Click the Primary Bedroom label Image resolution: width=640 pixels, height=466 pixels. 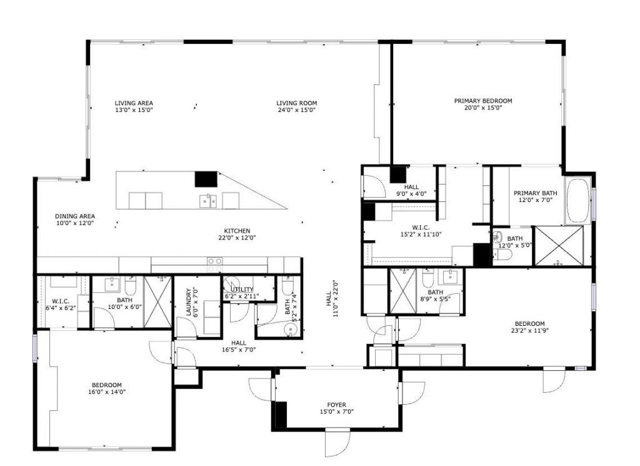482,101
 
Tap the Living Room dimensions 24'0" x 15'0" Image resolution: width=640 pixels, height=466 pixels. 297,110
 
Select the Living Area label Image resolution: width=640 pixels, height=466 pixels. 134,103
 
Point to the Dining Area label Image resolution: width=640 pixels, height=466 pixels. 74,216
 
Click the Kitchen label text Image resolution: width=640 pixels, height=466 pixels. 237,230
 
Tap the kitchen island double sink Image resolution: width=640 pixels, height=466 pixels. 208,200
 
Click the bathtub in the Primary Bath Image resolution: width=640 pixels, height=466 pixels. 577,201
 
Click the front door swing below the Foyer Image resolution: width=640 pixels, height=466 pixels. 337,443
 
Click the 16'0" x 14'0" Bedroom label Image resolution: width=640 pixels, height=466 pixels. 107,385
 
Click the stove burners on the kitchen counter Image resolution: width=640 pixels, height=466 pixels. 214,264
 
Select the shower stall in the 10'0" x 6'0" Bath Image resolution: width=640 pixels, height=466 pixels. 157,301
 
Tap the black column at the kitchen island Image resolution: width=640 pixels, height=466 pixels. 206,179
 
